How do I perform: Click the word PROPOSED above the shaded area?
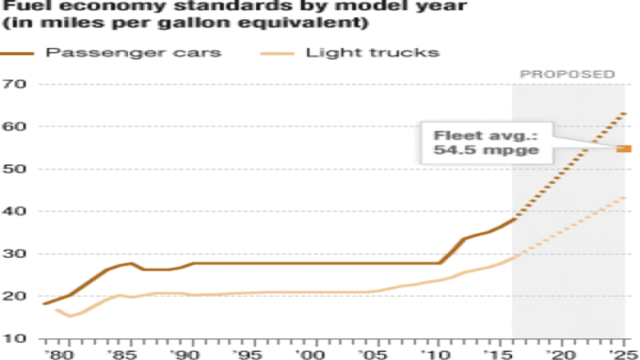[x=567, y=74]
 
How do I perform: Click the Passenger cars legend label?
[x=134, y=54]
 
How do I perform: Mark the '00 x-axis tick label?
[x=315, y=353]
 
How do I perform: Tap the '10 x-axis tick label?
[x=439, y=353]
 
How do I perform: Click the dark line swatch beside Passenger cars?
[x=22, y=54]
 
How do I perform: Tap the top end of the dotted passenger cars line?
[x=625, y=114]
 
